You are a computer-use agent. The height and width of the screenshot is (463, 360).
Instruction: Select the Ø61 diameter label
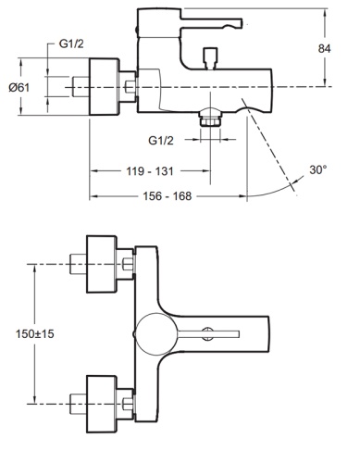(20, 86)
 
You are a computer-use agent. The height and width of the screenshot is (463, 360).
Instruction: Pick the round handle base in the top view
(152, 332)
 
